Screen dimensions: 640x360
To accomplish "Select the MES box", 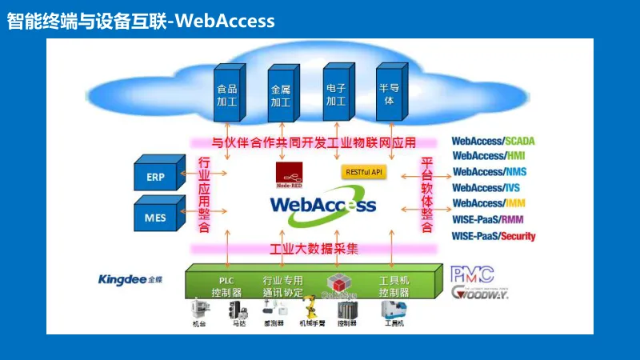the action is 161,215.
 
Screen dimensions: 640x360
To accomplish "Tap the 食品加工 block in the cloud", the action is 227,95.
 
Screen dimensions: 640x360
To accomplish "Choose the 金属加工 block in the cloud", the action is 281,95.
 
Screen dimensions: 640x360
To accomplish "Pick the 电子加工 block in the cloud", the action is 335,94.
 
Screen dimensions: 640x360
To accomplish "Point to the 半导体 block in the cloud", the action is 390,94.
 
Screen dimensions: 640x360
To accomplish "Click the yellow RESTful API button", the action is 364,172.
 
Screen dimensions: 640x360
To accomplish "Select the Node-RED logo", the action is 289,174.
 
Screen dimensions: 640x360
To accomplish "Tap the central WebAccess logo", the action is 322,204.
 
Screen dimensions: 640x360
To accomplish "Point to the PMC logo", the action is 472,274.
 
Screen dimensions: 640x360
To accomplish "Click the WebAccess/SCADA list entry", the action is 493,141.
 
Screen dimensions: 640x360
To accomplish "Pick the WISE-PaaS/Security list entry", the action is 494,236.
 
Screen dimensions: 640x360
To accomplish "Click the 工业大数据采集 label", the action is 314,249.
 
